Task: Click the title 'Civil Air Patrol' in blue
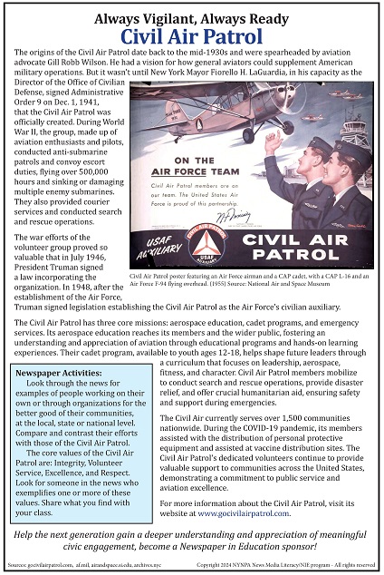coord(191,37)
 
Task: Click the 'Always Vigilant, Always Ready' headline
coord(191,16)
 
